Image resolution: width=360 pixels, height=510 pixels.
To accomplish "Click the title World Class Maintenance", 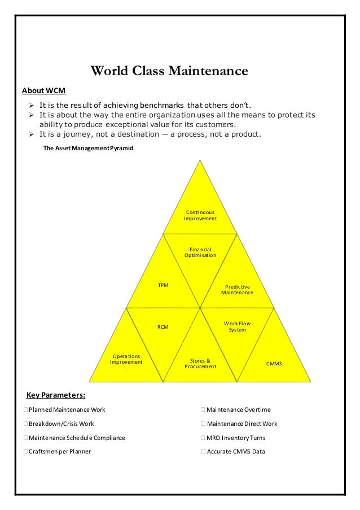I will pyautogui.click(x=169, y=72).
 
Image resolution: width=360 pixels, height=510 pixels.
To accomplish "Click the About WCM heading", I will pyautogui.click(x=43, y=90).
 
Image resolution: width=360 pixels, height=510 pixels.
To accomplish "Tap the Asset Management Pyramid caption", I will pyautogui.click(x=89, y=148).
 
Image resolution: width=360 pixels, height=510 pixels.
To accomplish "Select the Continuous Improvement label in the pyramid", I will pyautogui.click(x=200, y=215).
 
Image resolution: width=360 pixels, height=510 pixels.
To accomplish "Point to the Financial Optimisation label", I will pyautogui.click(x=200, y=252).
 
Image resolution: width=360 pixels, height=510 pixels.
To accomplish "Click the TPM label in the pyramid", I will pyautogui.click(x=163, y=285).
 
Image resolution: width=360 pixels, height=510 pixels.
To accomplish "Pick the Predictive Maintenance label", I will pyautogui.click(x=237, y=290).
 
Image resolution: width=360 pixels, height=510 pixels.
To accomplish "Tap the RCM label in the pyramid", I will pyautogui.click(x=163, y=326).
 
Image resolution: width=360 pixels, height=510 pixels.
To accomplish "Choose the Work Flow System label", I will pyautogui.click(x=237, y=326).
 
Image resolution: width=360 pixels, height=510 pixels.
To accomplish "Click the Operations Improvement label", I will pyautogui.click(x=126, y=359).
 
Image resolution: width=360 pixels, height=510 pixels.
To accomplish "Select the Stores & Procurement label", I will pyautogui.click(x=200, y=363).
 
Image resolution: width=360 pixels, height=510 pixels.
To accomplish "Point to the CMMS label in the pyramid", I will pyautogui.click(x=274, y=364).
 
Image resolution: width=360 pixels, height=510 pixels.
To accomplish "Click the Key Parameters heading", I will pyautogui.click(x=56, y=394).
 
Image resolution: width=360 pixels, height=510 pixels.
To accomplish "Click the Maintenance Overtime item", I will pyautogui.click(x=238, y=409).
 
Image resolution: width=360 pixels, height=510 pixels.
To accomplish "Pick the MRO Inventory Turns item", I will pyautogui.click(x=236, y=438).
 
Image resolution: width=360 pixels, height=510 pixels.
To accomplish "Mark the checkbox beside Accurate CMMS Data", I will pyautogui.click(x=203, y=452).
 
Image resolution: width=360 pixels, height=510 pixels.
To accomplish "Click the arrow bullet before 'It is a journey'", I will pyautogui.click(x=32, y=134).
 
